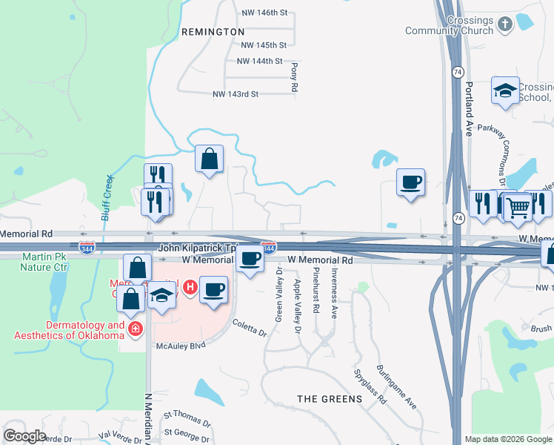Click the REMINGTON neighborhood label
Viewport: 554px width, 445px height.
coord(213,32)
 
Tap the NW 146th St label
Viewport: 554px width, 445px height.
coord(264,13)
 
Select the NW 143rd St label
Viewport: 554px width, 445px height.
coord(235,94)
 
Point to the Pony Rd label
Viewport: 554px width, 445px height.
coord(294,77)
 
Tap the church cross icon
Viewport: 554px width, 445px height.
coord(505,24)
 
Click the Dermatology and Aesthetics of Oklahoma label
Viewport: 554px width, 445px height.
coord(69,330)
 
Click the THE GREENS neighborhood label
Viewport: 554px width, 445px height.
coord(330,399)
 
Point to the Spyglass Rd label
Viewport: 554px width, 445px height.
coord(370,386)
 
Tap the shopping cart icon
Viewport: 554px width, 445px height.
coord(518,208)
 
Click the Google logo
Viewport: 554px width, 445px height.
coord(24,436)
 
